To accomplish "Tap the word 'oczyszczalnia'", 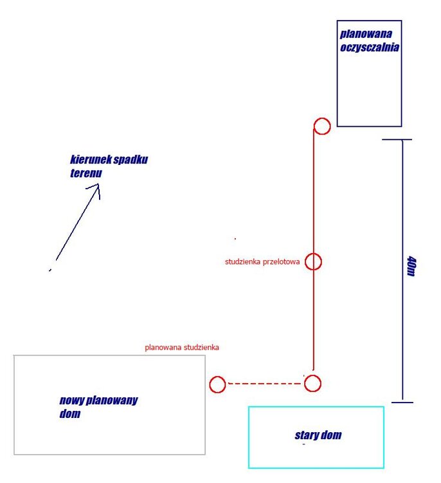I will (x=370, y=47).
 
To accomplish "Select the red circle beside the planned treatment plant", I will (x=322, y=126).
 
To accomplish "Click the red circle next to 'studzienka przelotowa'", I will (x=313, y=261).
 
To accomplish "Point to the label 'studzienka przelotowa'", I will (x=262, y=262).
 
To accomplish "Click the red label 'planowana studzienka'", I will (x=182, y=347).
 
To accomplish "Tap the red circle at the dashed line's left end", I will (x=217, y=384).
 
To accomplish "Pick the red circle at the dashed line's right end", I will (x=312, y=383).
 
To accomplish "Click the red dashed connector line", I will (x=265, y=384).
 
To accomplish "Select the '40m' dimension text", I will (x=411, y=265).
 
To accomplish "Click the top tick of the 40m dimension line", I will (x=397, y=140).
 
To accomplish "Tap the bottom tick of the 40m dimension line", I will (x=402, y=402).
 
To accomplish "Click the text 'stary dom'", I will (x=318, y=435).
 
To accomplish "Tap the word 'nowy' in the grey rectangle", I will (x=71, y=401).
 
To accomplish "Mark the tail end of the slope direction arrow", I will (x=51, y=269).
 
